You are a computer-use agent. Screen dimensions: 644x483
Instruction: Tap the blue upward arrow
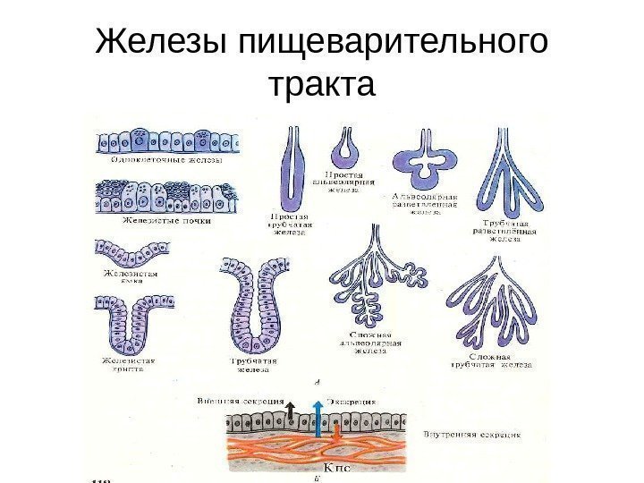click(x=317, y=419)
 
